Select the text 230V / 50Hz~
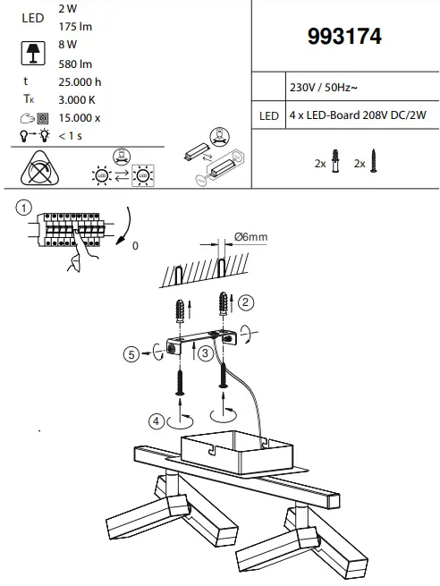tap(325, 89)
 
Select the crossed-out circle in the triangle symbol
tap(38, 167)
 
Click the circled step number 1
tap(22, 208)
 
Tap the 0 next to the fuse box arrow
tap(136, 242)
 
